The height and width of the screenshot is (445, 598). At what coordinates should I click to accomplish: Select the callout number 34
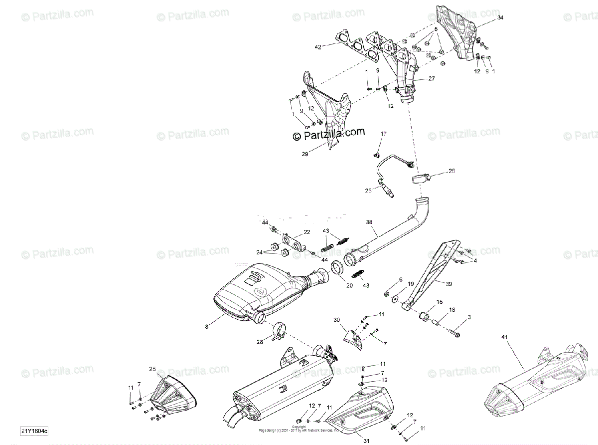[x=500, y=18]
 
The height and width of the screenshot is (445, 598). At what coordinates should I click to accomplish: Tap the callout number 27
[x=431, y=78]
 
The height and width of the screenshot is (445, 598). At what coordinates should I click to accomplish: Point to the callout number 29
[x=305, y=154]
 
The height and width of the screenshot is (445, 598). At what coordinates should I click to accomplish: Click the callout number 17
[x=383, y=134]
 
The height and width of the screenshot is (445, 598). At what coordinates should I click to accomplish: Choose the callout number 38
[x=369, y=222]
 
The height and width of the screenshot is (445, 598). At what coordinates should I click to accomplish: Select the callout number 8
[x=206, y=327]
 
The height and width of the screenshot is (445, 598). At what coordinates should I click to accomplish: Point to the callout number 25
[x=152, y=369]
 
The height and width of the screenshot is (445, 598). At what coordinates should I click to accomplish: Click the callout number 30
[x=336, y=320]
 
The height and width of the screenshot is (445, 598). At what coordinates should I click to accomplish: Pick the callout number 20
[x=349, y=285]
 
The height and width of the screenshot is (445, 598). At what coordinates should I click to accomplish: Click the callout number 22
[x=306, y=232]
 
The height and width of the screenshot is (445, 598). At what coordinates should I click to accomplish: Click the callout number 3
[x=469, y=317]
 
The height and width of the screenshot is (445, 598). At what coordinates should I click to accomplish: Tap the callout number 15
[x=440, y=302]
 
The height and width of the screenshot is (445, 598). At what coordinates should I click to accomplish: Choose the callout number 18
[x=452, y=310]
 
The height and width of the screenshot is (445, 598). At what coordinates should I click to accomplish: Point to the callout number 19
[x=411, y=284]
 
